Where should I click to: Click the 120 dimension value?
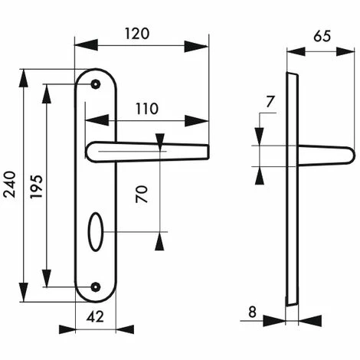tap(137, 34)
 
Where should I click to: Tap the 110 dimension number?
tap(147, 109)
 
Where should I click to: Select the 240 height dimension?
tap(10, 185)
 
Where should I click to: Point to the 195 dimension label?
tap(36, 186)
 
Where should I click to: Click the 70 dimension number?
tap(142, 194)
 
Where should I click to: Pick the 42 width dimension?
tap(95, 317)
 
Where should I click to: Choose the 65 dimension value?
tap(322, 36)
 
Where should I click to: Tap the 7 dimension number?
tap(270, 102)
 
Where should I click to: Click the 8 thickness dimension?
tap(252, 312)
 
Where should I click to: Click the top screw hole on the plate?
tap(96, 84)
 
